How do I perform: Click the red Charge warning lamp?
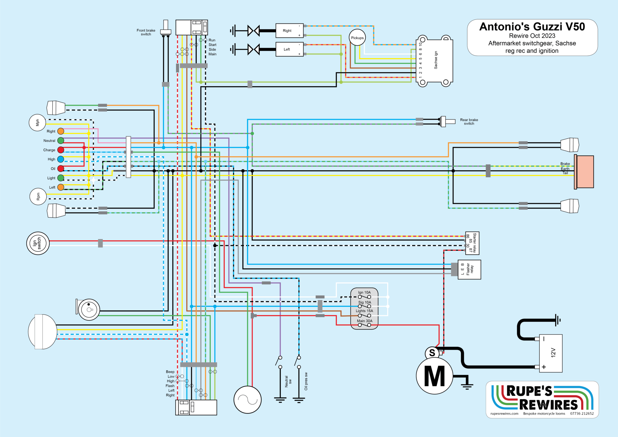point(61,150)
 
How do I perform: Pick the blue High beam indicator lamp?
point(61,159)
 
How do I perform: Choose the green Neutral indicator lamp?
point(61,141)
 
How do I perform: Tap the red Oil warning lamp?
point(61,169)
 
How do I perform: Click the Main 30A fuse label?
point(365,321)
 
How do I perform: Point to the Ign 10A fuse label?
point(364,292)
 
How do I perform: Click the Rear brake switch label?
point(469,122)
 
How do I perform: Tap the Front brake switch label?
point(146,32)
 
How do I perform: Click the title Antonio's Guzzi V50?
point(532,27)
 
